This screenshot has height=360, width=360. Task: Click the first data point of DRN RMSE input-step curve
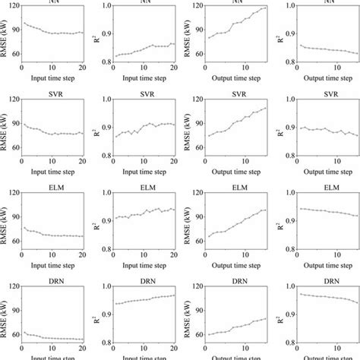[24, 331]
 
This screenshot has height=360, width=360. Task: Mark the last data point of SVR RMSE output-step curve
[265, 108]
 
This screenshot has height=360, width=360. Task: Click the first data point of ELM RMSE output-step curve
[209, 236]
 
